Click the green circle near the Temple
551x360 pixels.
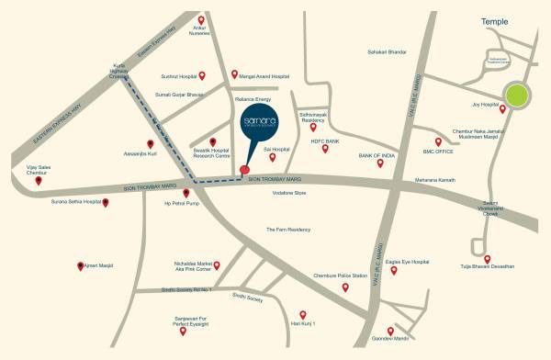(517, 95)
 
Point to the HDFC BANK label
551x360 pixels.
(325, 141)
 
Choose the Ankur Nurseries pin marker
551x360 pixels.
(201, 19)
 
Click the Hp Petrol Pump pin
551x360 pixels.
(186, 193)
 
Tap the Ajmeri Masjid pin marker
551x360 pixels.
(79, 265)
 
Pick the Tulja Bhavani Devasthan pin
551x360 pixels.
(488, 259)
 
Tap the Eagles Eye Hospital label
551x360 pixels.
(408, 262)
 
